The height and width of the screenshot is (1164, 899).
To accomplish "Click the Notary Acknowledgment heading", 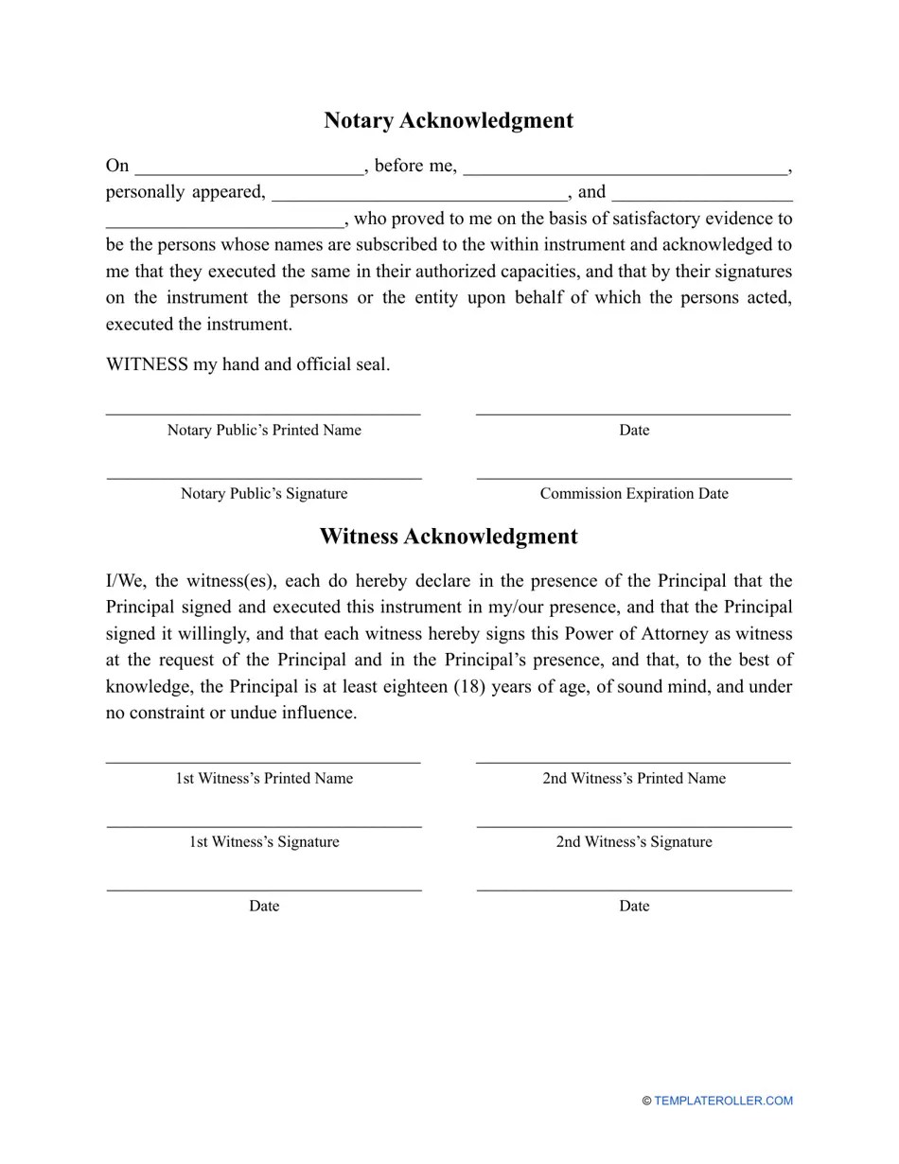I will tap(449, 120).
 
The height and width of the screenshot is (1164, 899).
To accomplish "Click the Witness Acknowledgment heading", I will tap(449, 537).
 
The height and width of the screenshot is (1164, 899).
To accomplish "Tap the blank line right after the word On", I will tap(249, 172).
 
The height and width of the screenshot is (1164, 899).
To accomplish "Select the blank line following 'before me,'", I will tap(625, 172).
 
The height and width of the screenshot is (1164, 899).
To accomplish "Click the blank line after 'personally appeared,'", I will tap(419, 198).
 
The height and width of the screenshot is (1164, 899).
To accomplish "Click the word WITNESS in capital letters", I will tap(147, 364).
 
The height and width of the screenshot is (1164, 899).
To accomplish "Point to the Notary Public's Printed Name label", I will tap(264, 430).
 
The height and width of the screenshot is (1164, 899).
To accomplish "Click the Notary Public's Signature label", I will tap(264, 494).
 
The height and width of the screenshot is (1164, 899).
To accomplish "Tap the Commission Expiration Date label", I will tap(634, 494).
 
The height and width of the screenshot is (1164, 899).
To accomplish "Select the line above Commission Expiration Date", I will tap(634, 479).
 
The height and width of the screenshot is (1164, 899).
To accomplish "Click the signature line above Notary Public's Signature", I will tap(264, 479).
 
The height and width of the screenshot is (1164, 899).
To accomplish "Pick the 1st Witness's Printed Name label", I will tap(264, 779).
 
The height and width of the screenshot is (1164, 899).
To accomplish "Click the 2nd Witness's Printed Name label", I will tap(634, 779).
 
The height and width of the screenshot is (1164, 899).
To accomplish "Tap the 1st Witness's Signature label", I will tap(264, 842).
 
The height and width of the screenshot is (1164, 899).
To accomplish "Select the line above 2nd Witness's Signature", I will tap(634, 827).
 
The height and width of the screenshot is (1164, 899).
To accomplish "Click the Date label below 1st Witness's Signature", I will tap(264, 907).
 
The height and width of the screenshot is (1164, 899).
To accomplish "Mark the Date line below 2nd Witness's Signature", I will tap(634, 891).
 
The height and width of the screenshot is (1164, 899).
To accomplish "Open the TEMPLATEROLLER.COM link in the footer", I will tap(723, 1101).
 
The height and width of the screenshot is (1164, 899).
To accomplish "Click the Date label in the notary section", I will tap(634, 430).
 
